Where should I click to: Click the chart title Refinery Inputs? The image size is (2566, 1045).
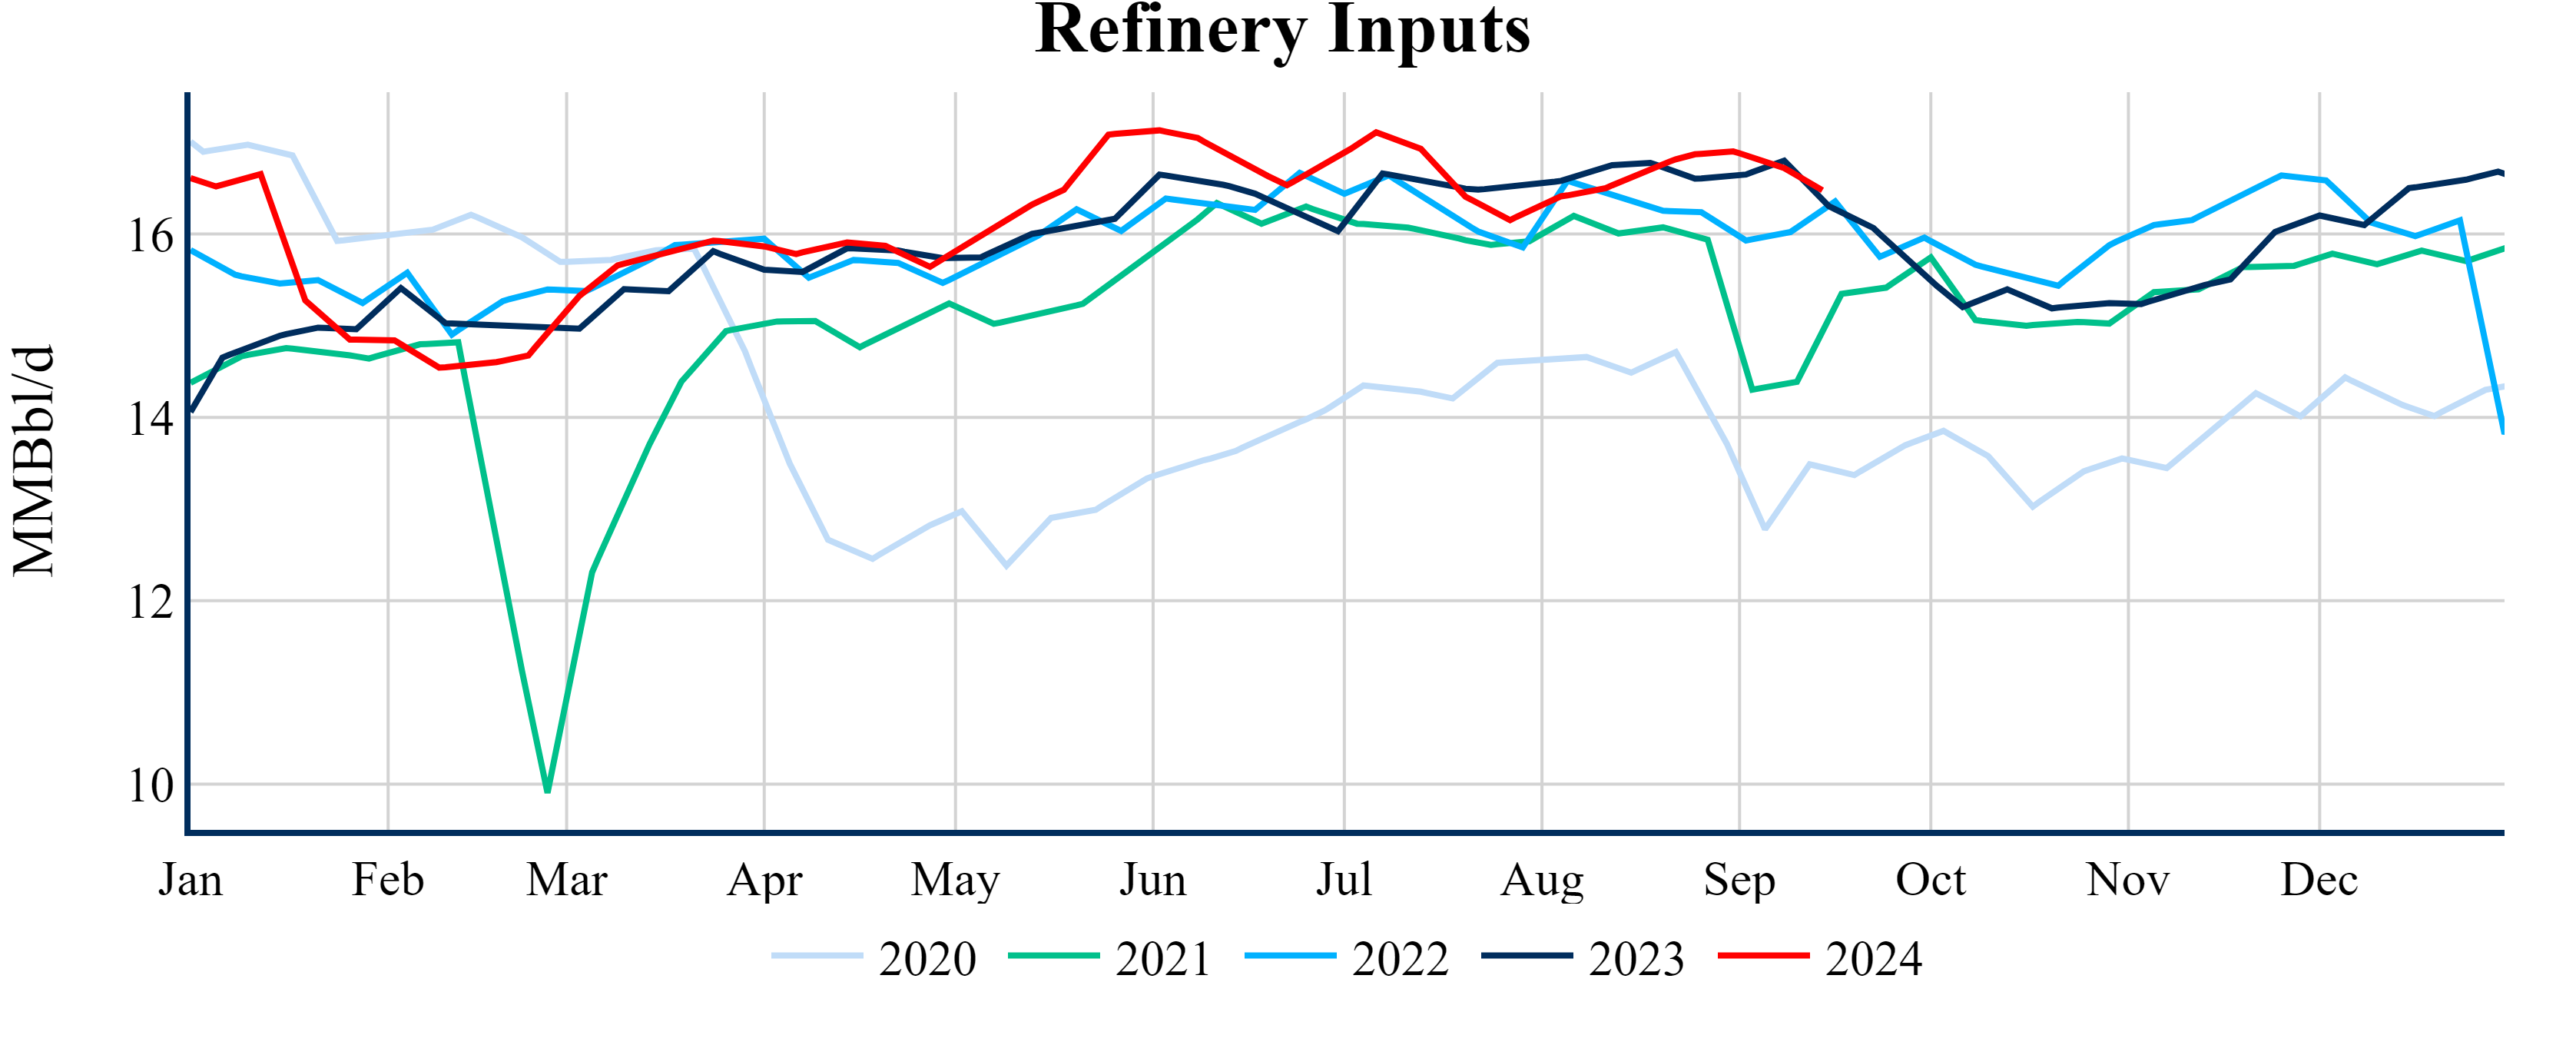(x=1282, y=30)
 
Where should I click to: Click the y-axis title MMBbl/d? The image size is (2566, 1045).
(x=34, y=460)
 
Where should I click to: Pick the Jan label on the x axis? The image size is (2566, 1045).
(x=191, y=880)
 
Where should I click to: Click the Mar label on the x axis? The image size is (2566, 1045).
(x=567, y=880)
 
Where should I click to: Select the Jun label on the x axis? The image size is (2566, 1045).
(x=1152, y=880)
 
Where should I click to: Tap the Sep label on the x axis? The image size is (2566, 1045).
(x=1739, y=880)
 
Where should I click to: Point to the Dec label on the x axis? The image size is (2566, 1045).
(x=2319, y=880)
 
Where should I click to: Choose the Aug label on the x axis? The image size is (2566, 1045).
(x=1542, y=880)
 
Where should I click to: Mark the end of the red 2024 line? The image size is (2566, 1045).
(x=1821, y=189)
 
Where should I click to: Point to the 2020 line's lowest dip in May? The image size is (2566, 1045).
(x=1006, y=566)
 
